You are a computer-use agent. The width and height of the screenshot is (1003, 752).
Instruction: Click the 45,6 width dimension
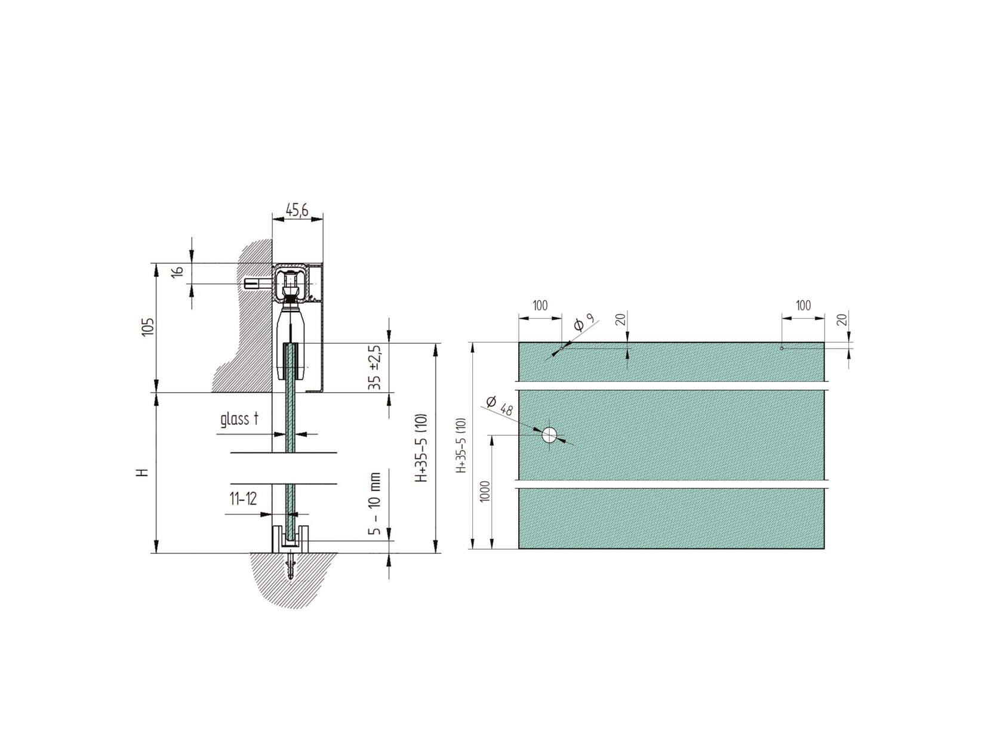click(x=297, y=210)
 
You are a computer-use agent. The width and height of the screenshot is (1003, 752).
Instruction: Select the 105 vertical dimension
click(x=148, y=326)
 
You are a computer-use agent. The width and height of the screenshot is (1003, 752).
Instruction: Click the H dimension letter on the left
click(x=141, y=472)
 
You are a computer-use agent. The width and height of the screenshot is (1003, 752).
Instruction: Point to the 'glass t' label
click(x=239, y=420)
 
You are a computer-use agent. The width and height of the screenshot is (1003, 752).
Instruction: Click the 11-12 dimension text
click(x=244, y=498)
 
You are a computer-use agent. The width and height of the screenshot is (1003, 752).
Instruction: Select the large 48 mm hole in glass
click(x=549, y=435)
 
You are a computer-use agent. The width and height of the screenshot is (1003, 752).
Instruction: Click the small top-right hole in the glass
click(x=782, y=348)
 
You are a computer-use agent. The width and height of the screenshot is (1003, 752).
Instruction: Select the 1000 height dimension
click(x=485, y=491)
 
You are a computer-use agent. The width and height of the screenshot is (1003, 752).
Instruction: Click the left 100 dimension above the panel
click(x=540, y=306)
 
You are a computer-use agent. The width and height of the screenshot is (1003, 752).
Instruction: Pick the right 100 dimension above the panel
click(x=804, y=306)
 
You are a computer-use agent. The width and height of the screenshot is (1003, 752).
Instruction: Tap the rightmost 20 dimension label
click(x=842, y=320)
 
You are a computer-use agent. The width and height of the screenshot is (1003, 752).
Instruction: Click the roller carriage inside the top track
click(x=291, y=285)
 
